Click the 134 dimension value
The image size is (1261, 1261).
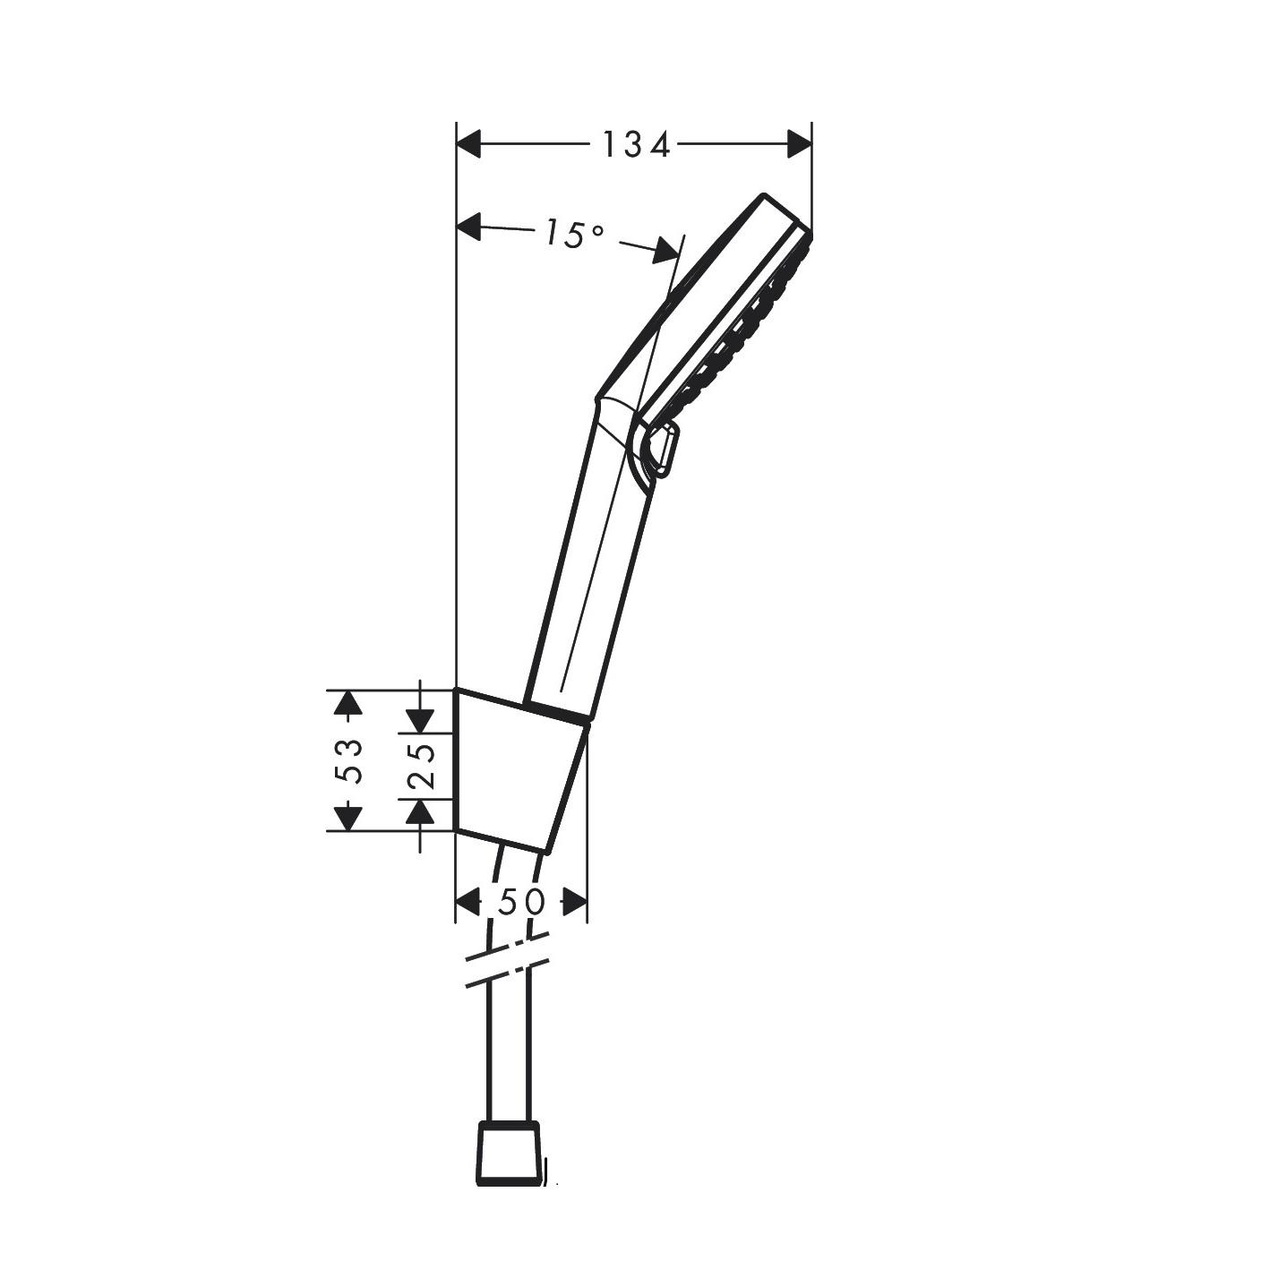[x=635, y=144]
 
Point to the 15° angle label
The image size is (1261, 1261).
[x=573, y=235]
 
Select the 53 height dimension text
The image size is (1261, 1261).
[x=352, y=760]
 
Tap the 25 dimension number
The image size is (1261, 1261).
[x=422, y=766]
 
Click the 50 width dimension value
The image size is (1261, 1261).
[x=521, y=902]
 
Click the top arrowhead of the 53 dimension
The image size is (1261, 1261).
[x=347, y=702]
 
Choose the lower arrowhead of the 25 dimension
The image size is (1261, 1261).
[x=420, y=812]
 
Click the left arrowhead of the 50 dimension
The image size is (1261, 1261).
[x=468, y=902]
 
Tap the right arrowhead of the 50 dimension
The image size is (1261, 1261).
[x=575, y=902]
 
